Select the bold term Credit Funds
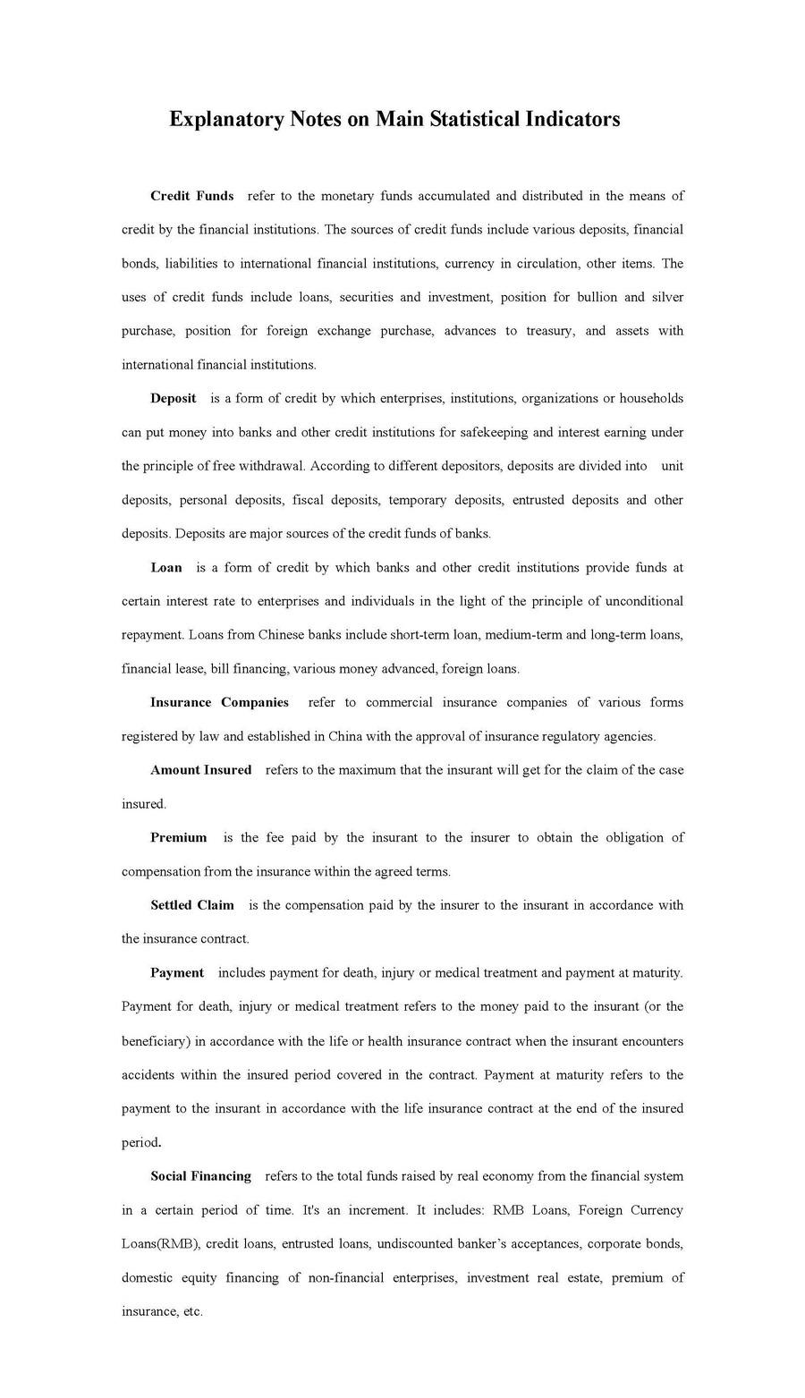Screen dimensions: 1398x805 click(x=192, y=196)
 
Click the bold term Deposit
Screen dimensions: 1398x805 click(x=174, y=399)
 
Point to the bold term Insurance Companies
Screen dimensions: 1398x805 click(x=219, y=702)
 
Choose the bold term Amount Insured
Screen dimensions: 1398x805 click(x=201, y=770)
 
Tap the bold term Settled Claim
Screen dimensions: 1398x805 click(x=192, y=905)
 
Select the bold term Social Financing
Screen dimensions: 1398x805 click(x=201, y=1176)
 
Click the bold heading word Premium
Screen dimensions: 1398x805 click(x=179, y=838)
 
